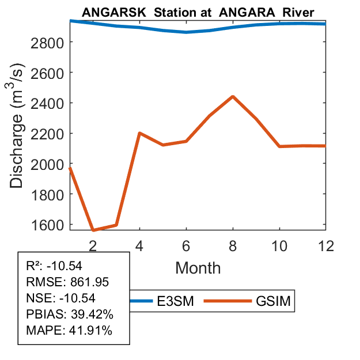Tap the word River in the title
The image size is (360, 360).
[x=298, y=12]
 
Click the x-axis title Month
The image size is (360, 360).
[x=198, y=267]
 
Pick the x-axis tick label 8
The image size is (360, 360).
[x=233, y=245]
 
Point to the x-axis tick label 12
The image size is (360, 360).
[x=325, y=245]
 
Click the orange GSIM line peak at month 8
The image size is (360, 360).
[x=233, y=96]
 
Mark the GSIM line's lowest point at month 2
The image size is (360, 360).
[x=93, y=230]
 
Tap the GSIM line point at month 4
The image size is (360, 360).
[x=139, y=133]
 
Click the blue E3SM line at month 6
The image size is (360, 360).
[x=186, y=32]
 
